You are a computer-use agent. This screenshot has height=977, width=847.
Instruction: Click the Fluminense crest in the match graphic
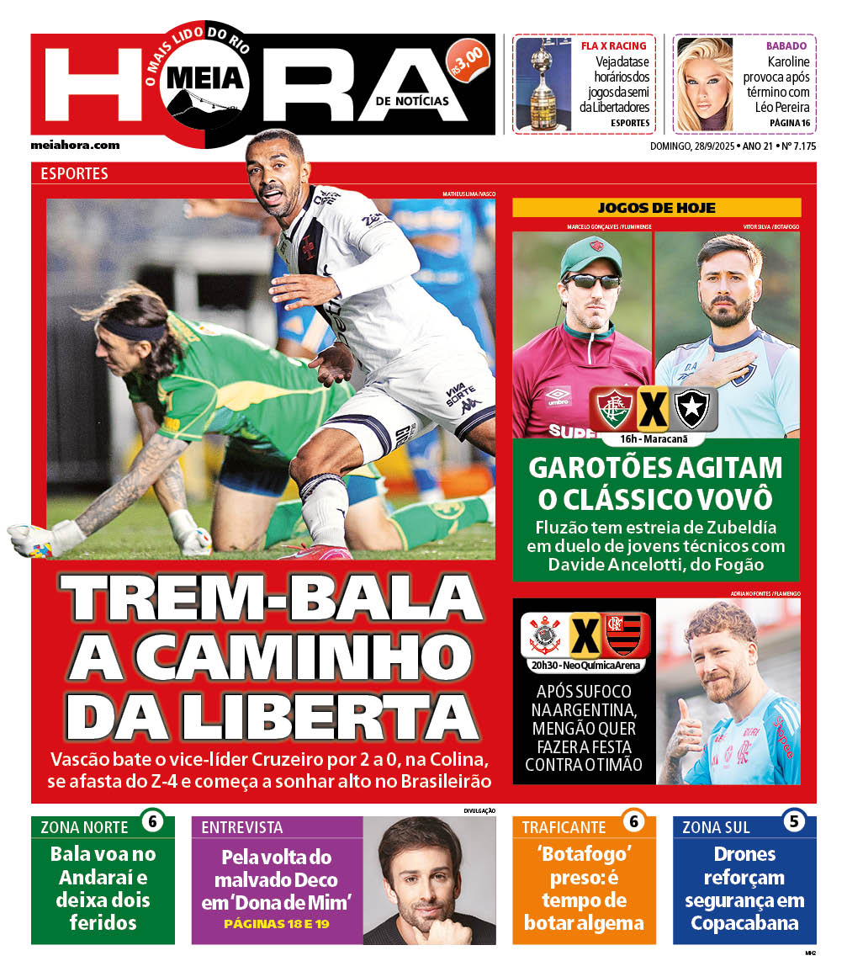tap(614, 409)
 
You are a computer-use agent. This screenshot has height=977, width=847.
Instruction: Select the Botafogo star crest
tap(691, 408)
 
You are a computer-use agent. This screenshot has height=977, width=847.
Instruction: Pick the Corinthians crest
tap(544, 635)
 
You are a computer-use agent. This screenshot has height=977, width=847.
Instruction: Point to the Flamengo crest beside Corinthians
tap(623, 635)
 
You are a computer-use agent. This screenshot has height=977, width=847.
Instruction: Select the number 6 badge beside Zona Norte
tap(152, 821)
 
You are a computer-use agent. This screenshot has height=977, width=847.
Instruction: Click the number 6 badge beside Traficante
tap(633, 821)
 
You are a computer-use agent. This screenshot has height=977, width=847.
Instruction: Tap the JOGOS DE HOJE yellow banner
tap(656, 208)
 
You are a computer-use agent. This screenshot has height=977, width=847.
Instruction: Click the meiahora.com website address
tap(75, 145)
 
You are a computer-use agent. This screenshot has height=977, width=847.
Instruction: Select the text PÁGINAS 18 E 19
tap(276, 924)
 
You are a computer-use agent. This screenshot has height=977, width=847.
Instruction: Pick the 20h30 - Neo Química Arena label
tap(585, 666)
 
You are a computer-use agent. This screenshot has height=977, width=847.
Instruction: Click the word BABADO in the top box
tap(786, 45)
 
